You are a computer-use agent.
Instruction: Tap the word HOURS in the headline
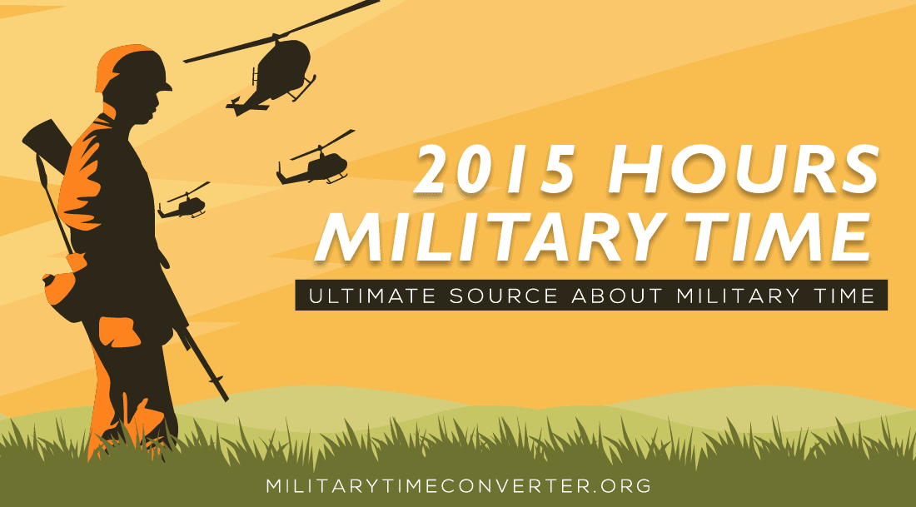tap(740, 171)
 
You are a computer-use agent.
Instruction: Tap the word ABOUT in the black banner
tap(616, 296)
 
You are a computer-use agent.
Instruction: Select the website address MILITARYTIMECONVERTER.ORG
tap(457, 485)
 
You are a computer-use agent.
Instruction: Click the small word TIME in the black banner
tap(849, 296)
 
